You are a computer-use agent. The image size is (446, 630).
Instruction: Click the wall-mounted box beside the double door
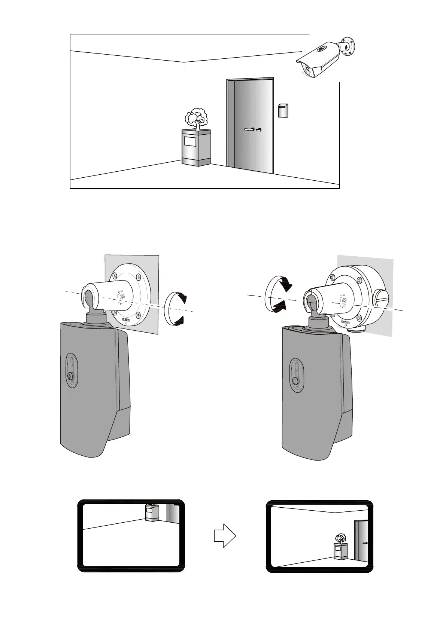(x=283, y=110)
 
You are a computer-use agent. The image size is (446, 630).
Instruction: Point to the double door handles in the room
(x=253, y=129)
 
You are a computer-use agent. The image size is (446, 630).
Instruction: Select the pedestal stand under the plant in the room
(x=196, y=147)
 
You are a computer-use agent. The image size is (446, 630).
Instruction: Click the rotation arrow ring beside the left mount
(x=175, y=309)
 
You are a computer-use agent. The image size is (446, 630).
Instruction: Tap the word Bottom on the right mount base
(x=346, y=322)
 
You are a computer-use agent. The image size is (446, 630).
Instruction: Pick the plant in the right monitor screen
(x=340, y=538)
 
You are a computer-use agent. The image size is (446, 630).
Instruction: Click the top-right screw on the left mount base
(x=139, y=277)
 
